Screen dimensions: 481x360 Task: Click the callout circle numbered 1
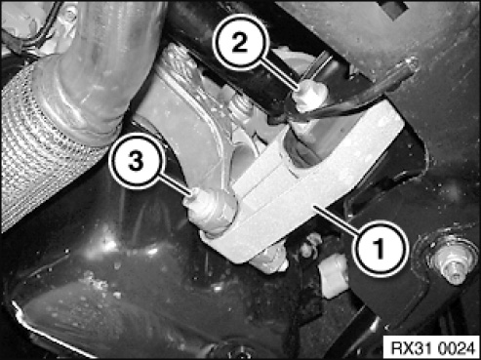pyautogui.click(x=379, y=249)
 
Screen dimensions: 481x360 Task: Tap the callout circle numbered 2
pyautogui.click(x=240, y=42)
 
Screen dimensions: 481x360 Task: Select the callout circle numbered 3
pyautogui.click(x=136, y=161)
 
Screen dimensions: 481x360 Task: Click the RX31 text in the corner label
pyautogui.click(x=411, y=348)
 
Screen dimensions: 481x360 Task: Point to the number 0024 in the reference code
pyautogui.click(x=456, y=348)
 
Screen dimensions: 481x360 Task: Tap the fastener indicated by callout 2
pyautogui.click(x=309, y=95)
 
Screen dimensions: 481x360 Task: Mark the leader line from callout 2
pyautogui.click(x=282, y=77)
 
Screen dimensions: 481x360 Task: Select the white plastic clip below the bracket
pyautogui.click(x=332, y=276)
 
